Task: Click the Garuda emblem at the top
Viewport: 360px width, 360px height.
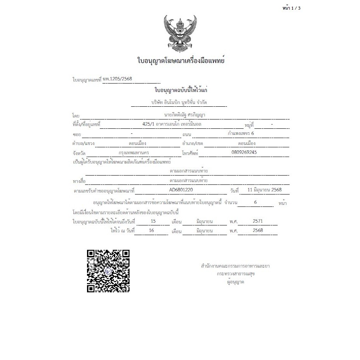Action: (x=180, y=34)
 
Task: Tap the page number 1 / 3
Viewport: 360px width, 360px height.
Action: (x=292, y=8)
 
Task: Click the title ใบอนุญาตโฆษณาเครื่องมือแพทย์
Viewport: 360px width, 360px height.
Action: (x=181, y=61)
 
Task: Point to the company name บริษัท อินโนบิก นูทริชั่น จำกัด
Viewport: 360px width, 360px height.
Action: (x=179, y=102)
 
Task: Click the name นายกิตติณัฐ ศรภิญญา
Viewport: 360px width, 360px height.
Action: (x=184, y=115)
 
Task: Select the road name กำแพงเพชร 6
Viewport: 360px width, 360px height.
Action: (x=241, y=133)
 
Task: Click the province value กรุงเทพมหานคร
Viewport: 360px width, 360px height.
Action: (x=136, y=152)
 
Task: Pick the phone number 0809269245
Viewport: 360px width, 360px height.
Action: (x=244, y=152)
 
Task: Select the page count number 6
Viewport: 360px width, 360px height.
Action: (x=255, y=202)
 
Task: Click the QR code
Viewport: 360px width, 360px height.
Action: (x=108, y=271)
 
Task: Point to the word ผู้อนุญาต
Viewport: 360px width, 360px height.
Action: (x=235, y=282)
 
